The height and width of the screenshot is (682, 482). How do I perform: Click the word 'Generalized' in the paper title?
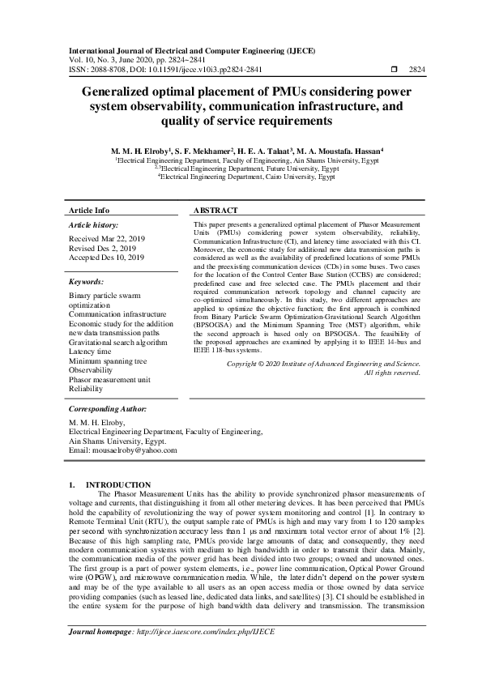tap(126, 92)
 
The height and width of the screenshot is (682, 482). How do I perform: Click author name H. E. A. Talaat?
tap(271, 151)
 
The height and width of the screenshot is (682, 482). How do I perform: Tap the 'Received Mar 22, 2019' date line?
tap(105, 240)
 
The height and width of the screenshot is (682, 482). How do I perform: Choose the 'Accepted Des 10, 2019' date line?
tap(107, 258)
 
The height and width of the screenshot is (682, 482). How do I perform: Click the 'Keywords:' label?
tap(87, 282)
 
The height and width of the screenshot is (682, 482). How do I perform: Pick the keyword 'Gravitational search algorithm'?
tap(118, 342)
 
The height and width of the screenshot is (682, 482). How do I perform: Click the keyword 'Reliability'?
tap(87, 389)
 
